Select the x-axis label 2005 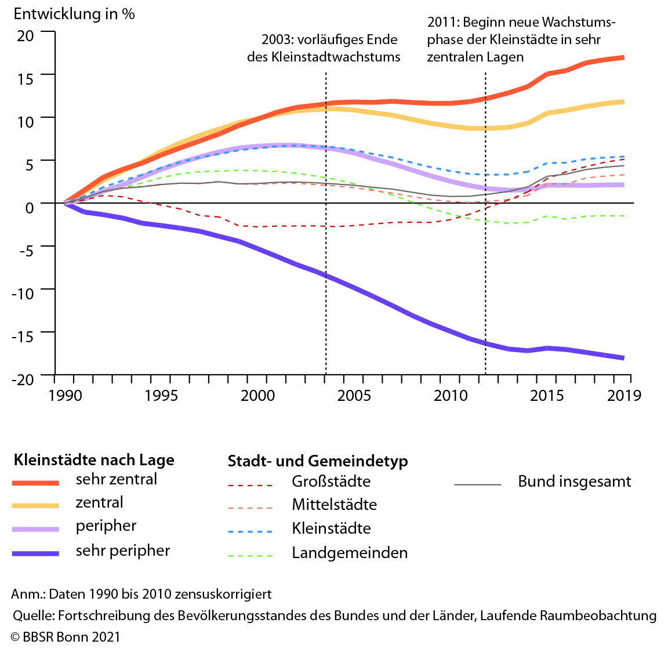pyautogui.click(x=354, y=396)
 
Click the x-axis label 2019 pyautogui.click(x=624, y=396)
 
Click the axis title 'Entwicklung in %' pyautogui.click(x=74, y=15)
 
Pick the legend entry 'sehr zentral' pyautogui.click(x=116, y=480)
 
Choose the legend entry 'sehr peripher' pyautogui.click(x=122, y=551)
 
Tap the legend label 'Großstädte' pyautogui.click(x=331, y=482)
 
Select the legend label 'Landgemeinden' pyautogui.click(x=350, y=553)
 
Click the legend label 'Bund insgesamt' pyautogui.click(x=574, y=482)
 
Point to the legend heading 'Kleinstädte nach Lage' pyautogui.click(x=93, y=460)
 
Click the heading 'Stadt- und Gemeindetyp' pyautogui.click(x=318, y=461)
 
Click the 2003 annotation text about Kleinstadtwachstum pyautogui.click(x=324, y=48)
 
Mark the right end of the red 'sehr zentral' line pyautogui.click(x=623, y=57)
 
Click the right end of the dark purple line pyautogui.click(x=623, y=358)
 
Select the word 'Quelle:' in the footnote pyautogui.click(x=33, y=616)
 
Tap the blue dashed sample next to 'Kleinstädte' pyautogui.click(x=250, y=531)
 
